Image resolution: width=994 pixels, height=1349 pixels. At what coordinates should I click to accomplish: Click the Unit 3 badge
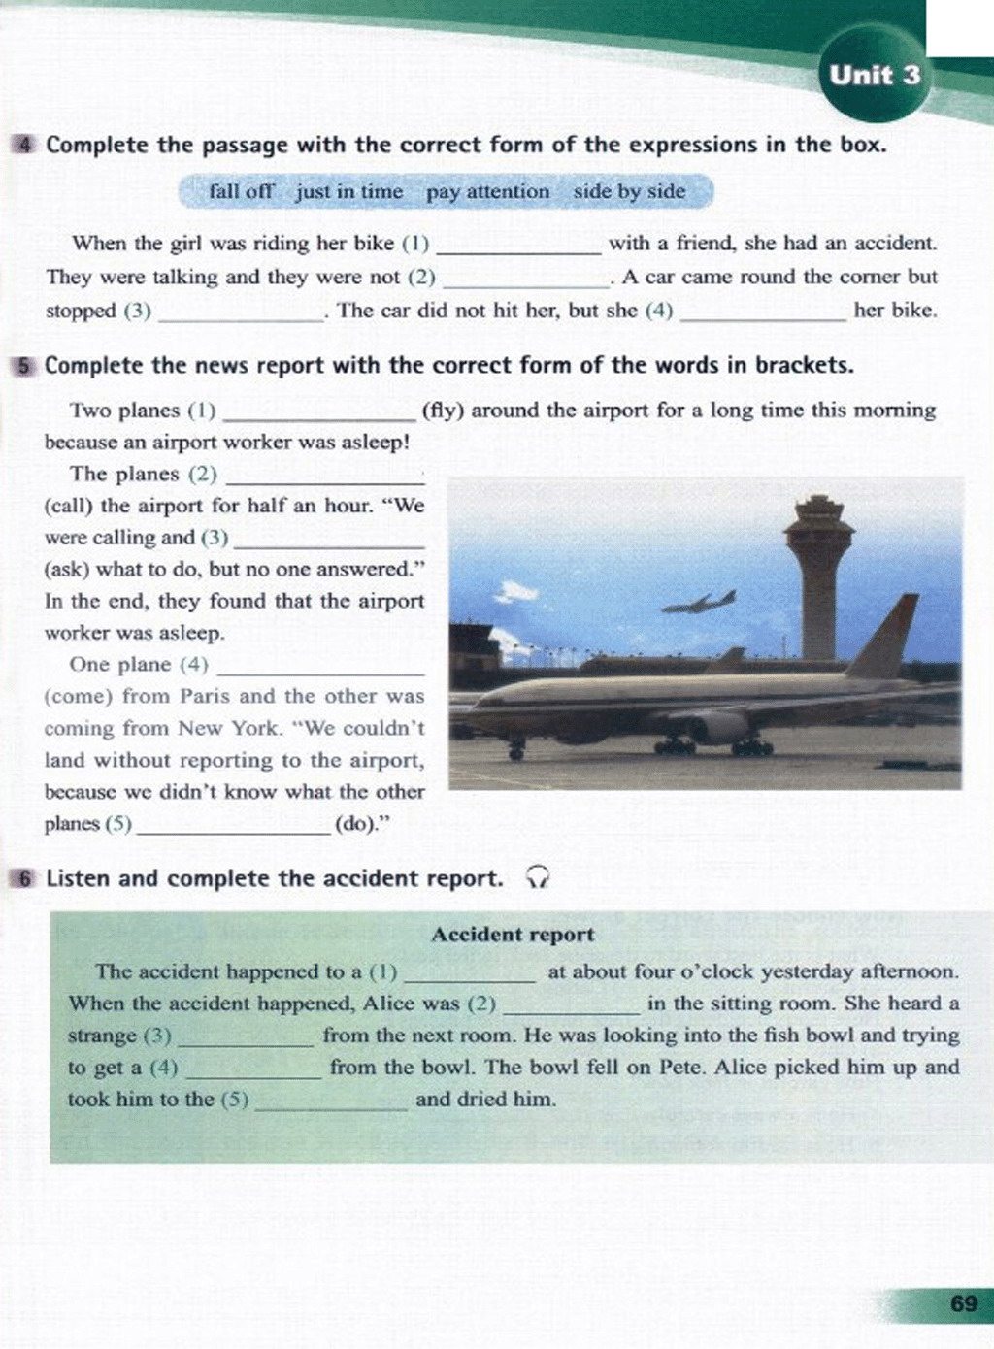[874, 75]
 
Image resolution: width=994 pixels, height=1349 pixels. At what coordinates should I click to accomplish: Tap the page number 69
[963, 1303]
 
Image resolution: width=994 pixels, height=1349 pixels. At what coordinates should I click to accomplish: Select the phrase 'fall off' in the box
[242, 191]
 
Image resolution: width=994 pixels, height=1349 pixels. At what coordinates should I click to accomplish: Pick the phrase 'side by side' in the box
[629, 191]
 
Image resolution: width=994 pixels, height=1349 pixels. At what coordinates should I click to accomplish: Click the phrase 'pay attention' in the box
[487, 191]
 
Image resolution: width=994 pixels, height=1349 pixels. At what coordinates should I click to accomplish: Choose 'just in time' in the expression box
[349, 191]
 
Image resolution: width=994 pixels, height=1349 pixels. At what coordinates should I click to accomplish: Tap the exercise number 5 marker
[25, 366]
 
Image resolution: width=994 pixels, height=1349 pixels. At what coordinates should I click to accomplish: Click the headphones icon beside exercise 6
[537, 878]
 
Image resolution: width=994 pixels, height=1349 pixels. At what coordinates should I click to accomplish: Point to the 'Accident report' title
[513, 935]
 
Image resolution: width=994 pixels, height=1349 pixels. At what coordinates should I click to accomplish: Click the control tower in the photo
[818, 573]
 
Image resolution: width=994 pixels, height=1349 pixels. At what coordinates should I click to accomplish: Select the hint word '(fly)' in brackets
[443, 411]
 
